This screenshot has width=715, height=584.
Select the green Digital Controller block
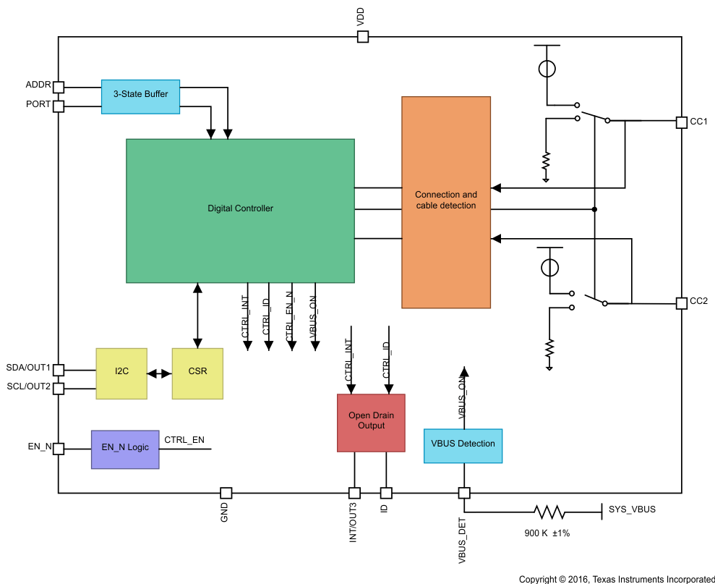coord(240,210)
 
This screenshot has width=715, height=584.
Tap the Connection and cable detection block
coord(446,202)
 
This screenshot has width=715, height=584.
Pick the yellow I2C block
coord(121,373)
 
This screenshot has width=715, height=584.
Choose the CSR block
coord(197,373)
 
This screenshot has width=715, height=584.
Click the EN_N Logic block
coord(125,449)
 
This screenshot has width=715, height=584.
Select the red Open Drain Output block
coord(371,423)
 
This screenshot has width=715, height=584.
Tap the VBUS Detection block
coord(463,444)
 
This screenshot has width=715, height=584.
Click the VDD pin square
coord(363,36)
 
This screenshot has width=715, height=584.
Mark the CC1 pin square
coord(681,122)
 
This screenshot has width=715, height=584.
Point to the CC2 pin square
coord(681,302)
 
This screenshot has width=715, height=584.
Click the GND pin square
coord(226,493)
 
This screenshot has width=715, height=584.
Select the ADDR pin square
coord(59,88)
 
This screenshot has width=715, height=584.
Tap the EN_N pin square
coord(59,449)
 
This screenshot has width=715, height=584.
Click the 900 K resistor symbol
coord(549,512)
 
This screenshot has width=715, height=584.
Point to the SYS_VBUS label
coord(632,509)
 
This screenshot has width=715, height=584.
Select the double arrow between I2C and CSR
coord(159,373)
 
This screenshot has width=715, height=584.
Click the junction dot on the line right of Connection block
coord(594,210)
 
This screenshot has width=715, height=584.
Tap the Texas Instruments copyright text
coord(617,579)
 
